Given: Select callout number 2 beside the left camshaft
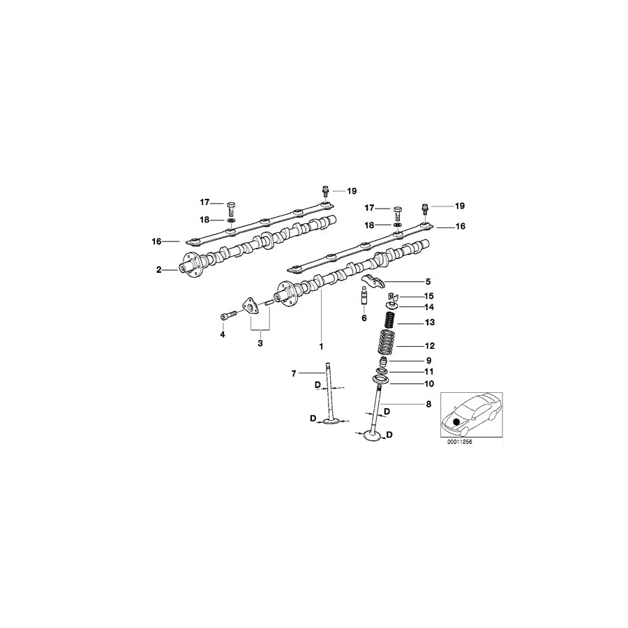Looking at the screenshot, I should tap(159, 269).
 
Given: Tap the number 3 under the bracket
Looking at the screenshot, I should tap(260, 343).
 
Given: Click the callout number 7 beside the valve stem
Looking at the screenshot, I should tap(294, 374).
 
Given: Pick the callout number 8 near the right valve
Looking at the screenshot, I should tap(428, 404).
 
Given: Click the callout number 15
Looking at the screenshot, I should tap(428, 296).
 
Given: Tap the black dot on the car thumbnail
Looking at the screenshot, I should tap(456, 422).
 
